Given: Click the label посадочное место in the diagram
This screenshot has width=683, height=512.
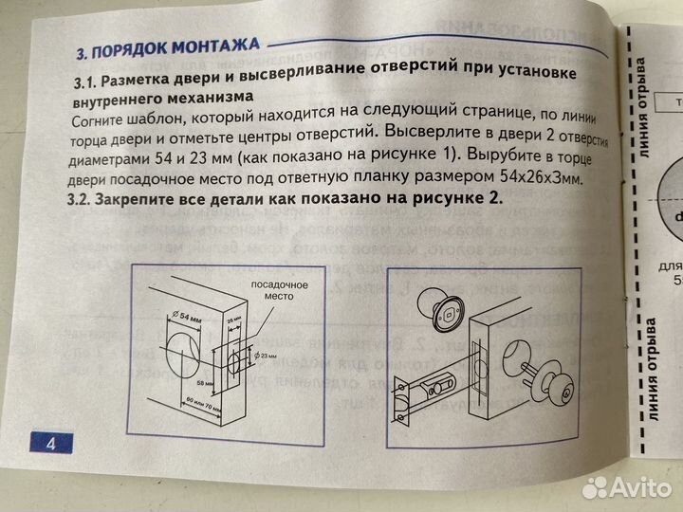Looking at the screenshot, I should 270,290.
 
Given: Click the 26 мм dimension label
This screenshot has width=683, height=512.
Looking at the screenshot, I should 235,321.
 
